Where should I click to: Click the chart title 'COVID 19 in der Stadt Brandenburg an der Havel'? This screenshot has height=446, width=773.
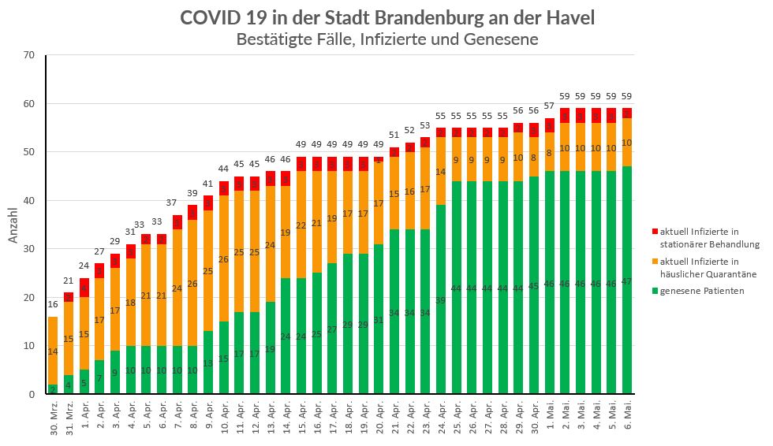[x=386, y=17]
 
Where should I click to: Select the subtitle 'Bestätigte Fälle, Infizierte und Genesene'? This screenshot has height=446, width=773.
[x=386, y=39]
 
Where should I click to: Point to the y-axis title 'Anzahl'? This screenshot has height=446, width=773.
[x=13, y=225]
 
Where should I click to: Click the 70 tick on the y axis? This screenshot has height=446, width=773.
[x=29, y=55]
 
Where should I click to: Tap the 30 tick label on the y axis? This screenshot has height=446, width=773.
[x=29, y=249]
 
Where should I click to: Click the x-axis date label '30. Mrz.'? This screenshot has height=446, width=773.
[x=53, y=418]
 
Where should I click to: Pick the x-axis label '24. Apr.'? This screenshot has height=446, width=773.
[x=441, y=418]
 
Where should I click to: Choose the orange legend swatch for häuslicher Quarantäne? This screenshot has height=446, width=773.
[x=654, y=262]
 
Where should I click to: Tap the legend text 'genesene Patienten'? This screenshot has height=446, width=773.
[x=701, y=291]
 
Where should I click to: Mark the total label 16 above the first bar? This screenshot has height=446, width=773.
[x=53, y=303]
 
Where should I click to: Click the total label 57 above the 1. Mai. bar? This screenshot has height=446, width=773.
[x=550, y=106]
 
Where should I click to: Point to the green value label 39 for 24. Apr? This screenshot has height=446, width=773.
[x=441, y=300]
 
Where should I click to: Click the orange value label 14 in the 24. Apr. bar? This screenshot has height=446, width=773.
[x=441, y=172]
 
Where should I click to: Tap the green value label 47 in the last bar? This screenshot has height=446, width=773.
[x=627, y=281]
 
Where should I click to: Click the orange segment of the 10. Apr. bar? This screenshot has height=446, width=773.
[x=224, y=258]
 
